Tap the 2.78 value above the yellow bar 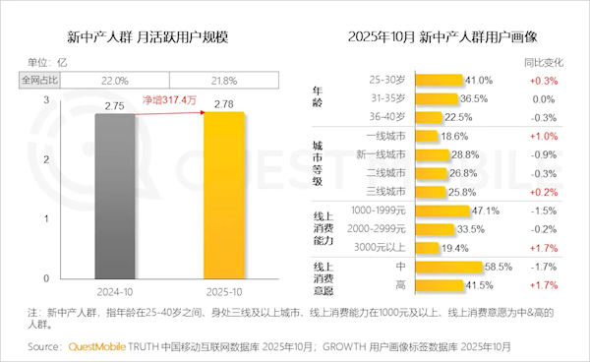(229, 102)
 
